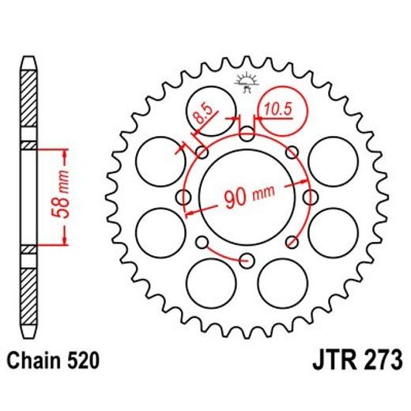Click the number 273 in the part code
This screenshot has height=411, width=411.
[x=371, y=362]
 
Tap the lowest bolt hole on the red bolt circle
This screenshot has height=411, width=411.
[x=247, y=258]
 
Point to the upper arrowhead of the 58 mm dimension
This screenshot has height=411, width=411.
[x=62, y=150]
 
